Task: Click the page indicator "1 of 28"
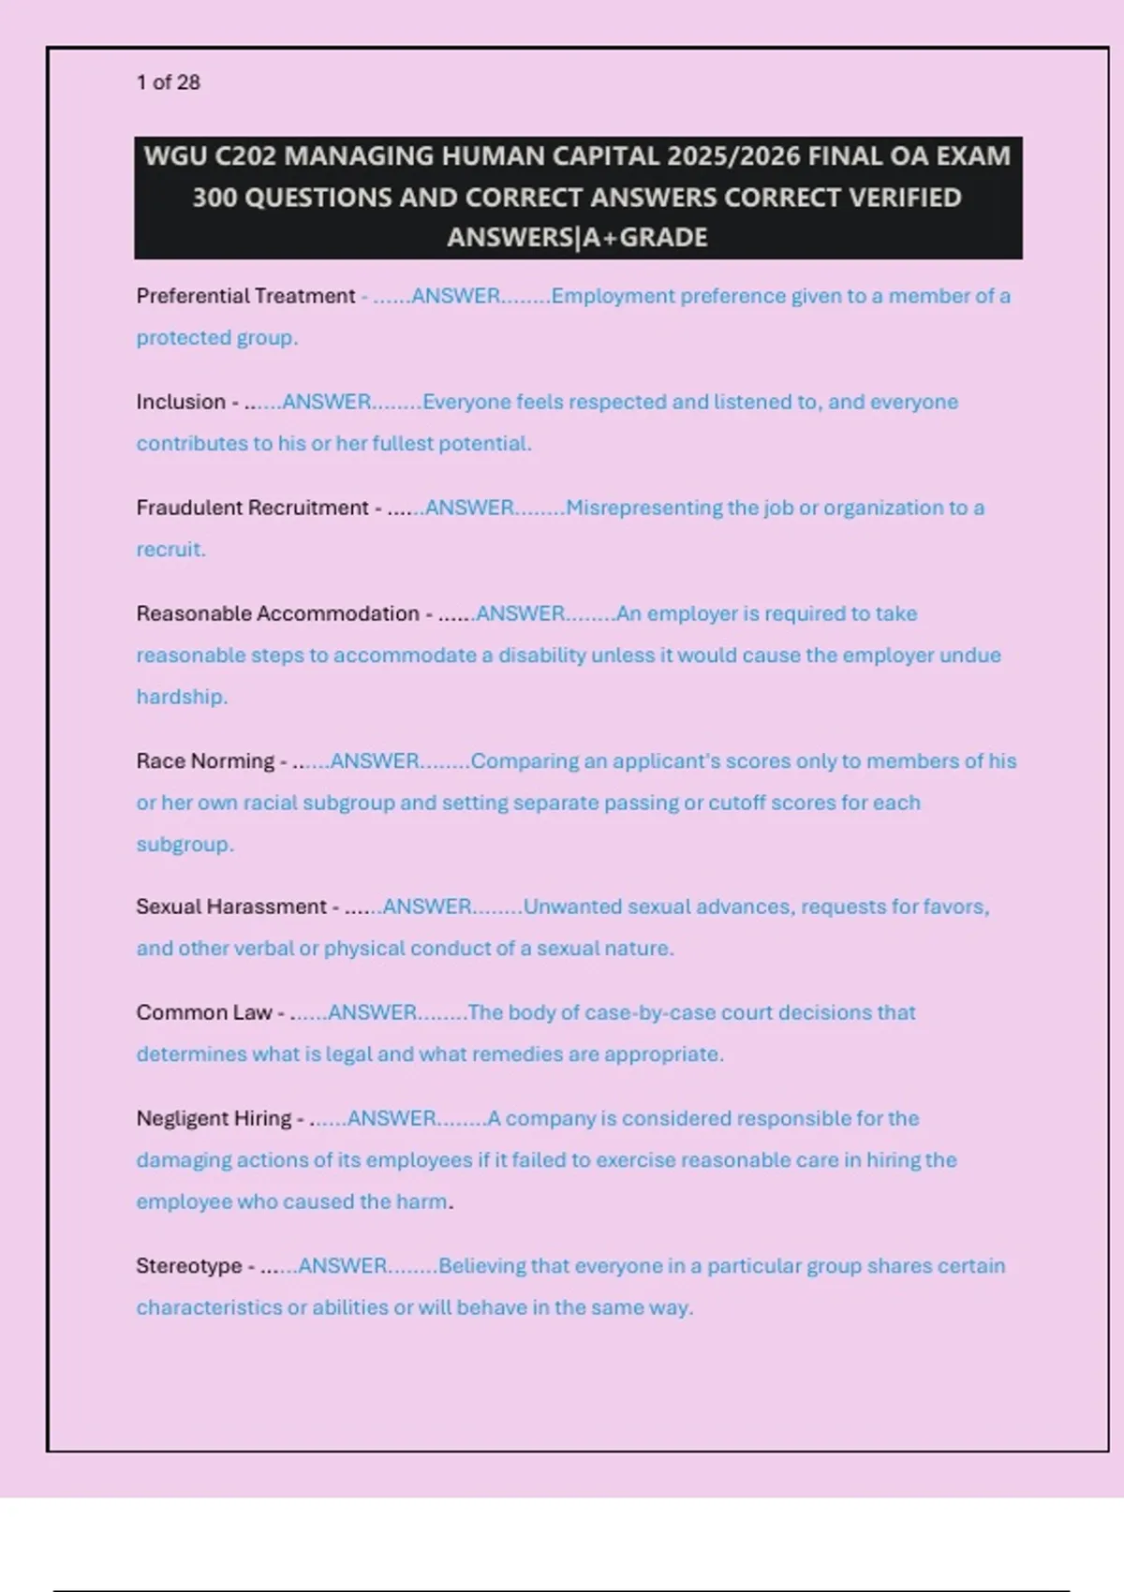[x=168, y=82]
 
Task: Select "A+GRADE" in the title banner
[x=645, y=238]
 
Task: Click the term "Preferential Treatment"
[x=245, y=296]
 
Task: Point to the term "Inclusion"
[x=181, y=402]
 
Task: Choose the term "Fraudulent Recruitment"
[x=252, y=508]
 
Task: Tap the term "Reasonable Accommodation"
[x=277, y=613]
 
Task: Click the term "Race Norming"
[x=205, y=760]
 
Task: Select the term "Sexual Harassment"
[x=230, y=907]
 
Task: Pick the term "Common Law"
[x=203, y=1012]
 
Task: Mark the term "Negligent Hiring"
[x=214, y=1118]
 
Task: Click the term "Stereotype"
[x=188, y=1266]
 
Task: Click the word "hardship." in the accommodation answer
[x=182, y=697]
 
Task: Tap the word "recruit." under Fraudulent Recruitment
[x=170, y=550]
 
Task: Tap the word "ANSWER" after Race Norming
[x=375, y=760]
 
